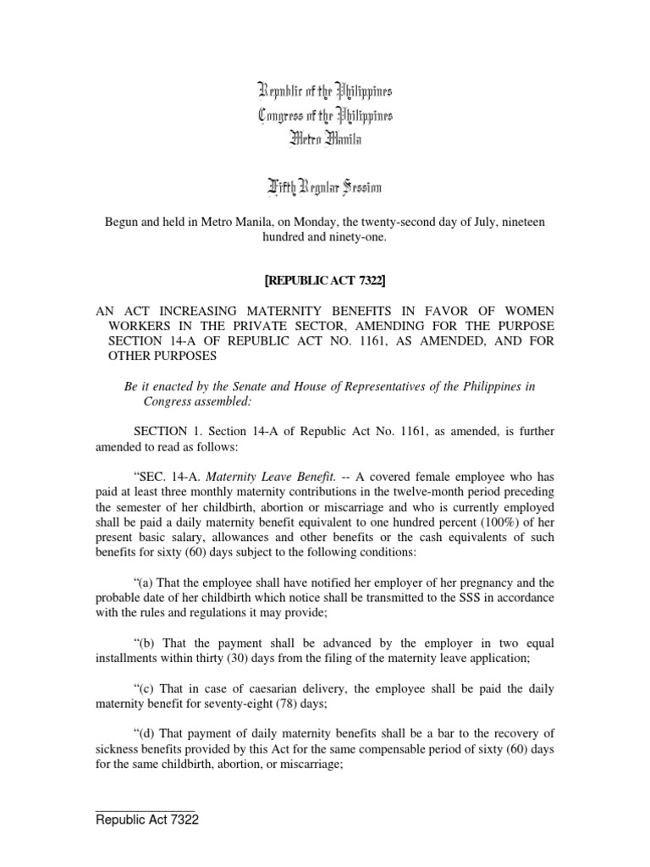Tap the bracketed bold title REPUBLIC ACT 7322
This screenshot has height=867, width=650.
(x=325, y=279)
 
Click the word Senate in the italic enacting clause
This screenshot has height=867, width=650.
(x=251, y=386)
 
